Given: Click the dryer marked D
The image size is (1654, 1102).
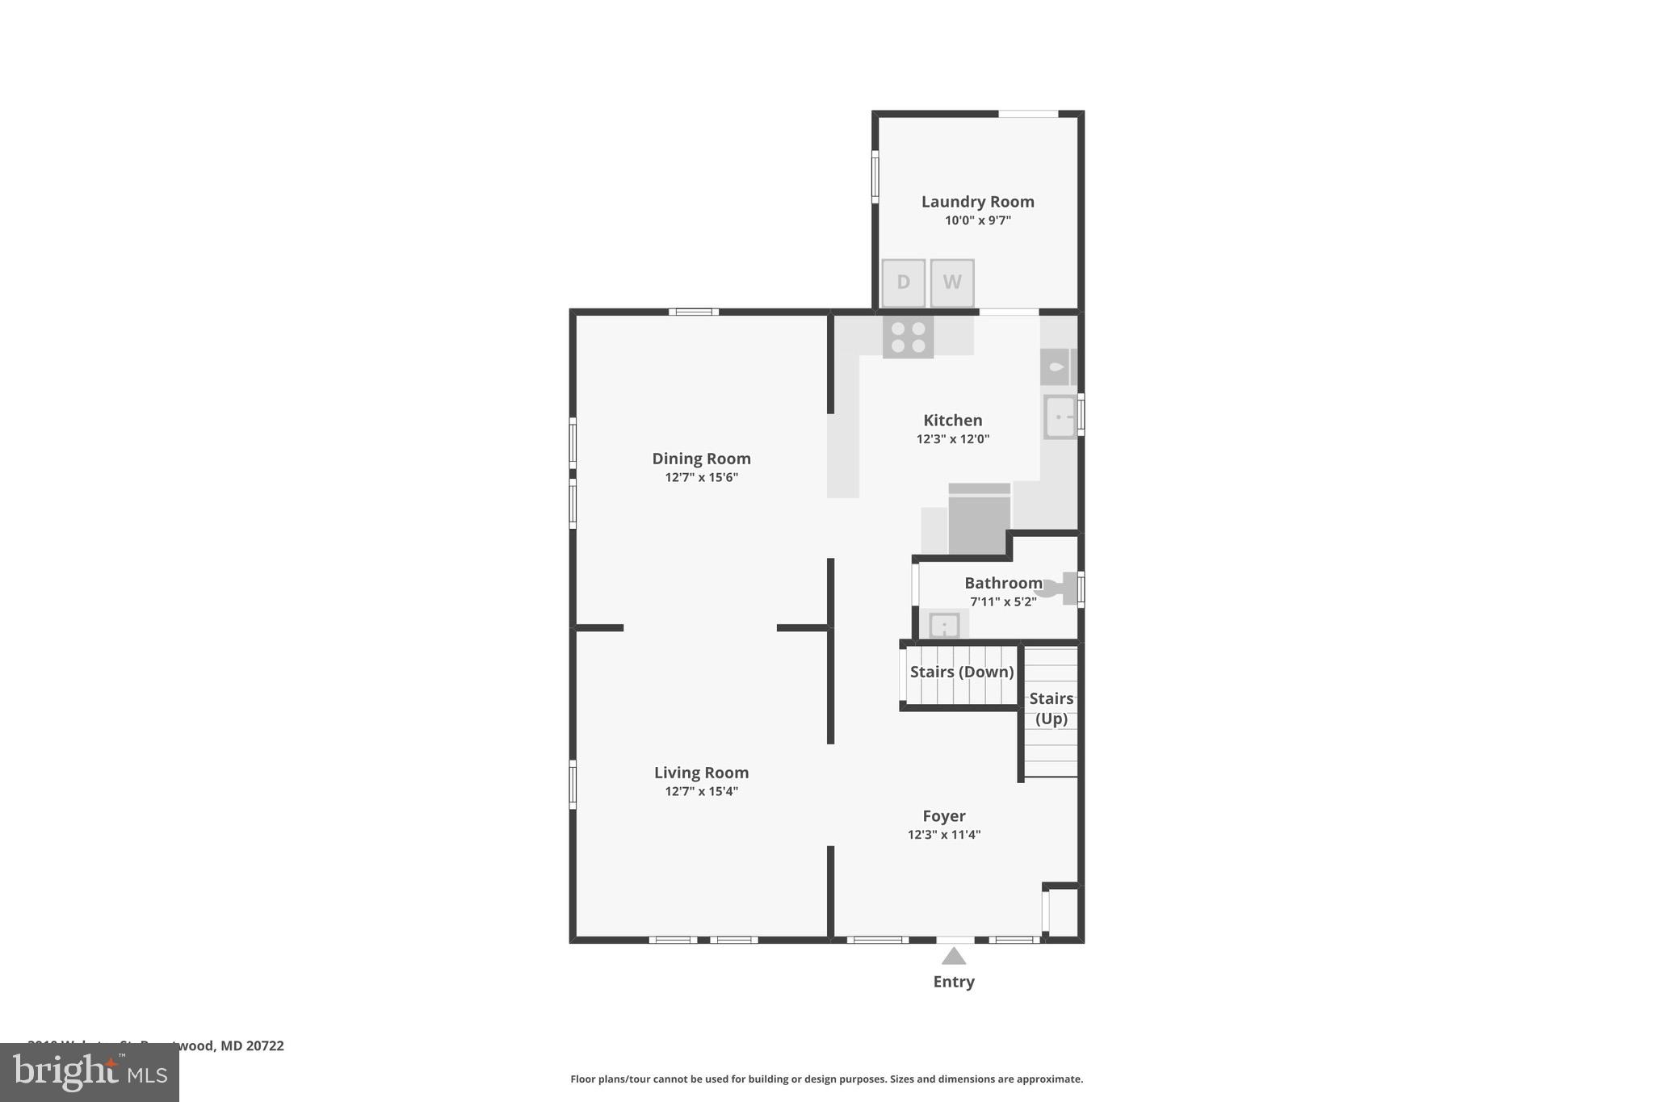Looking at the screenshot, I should (903, 283).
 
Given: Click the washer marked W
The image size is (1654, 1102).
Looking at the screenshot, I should (952, 283).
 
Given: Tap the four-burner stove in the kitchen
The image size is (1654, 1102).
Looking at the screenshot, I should (908, 337).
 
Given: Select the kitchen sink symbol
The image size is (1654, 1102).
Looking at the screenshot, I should (1059, 417).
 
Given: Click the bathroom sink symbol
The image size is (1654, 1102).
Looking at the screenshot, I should (944, 625).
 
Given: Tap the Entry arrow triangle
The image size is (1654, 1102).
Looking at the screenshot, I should (954, 957).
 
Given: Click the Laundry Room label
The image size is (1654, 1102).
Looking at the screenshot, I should (977, 202).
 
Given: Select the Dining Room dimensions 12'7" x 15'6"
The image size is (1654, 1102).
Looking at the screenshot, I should (701, 477).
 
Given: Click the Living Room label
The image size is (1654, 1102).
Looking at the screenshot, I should (701, 773).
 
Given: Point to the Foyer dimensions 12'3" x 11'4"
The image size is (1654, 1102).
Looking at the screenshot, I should (943, 835).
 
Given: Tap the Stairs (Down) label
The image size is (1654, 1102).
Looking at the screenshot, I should (961, 672).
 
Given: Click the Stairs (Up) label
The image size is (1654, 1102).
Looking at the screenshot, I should (1051, 708).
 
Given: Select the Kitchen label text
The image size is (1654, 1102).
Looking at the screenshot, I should (952, 420).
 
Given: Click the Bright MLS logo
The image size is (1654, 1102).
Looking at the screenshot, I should (89, 1072).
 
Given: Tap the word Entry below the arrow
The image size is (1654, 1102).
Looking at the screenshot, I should (954, 982).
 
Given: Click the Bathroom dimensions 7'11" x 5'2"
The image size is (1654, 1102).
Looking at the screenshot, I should (1002, 601).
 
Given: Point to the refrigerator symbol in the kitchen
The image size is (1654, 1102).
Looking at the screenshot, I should (979, 521).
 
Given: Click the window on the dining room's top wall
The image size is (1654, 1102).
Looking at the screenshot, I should (693, 312).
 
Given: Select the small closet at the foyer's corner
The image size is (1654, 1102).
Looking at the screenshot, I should (1062, 912).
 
